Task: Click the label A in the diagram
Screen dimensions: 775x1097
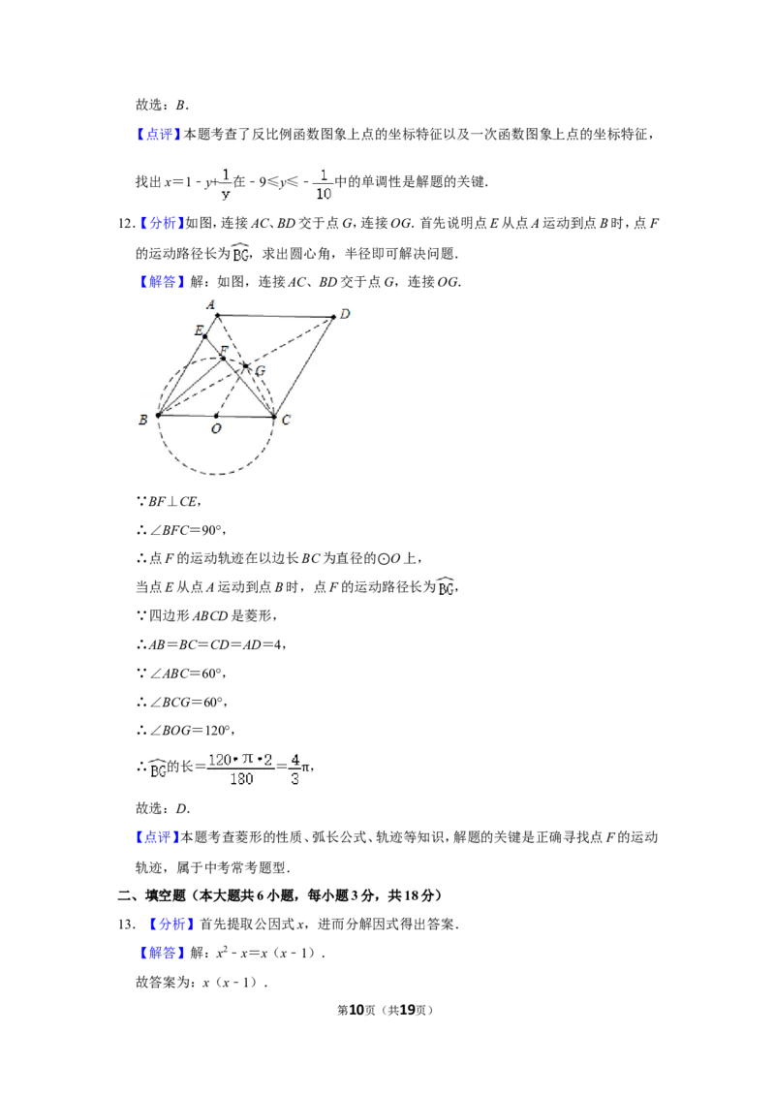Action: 210,304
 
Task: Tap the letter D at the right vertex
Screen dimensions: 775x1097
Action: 345,314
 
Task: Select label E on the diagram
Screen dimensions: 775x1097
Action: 198,331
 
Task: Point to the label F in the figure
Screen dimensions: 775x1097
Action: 224,349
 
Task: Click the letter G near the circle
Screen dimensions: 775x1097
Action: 260,371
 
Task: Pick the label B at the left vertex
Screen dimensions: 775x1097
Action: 143,420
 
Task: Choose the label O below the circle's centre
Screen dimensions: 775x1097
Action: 215,428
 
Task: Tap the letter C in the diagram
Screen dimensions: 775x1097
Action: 286,420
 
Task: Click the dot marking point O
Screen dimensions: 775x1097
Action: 216,416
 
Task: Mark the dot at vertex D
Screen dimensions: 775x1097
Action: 333,317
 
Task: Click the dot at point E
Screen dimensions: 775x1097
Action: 204,336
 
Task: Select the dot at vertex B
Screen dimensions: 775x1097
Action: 158,415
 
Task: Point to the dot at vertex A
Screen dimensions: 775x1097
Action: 217,315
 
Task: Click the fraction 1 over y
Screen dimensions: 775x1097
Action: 225,183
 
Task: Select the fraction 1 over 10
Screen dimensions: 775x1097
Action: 324,183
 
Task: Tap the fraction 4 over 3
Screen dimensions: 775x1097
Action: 294,768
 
